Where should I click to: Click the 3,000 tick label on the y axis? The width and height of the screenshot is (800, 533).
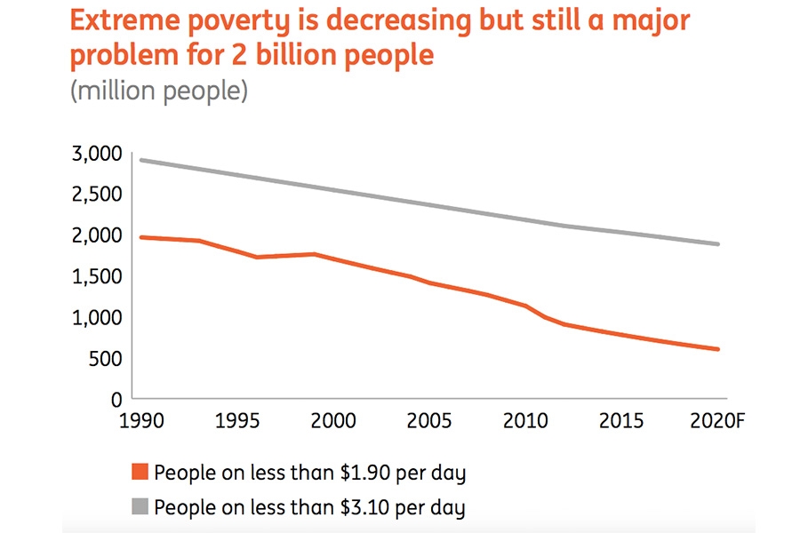[97, 154]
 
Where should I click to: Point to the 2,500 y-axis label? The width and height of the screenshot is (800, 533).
[97, 195]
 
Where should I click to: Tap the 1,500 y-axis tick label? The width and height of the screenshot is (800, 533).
[97, 276]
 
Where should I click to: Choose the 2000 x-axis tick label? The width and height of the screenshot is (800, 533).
[333, 419]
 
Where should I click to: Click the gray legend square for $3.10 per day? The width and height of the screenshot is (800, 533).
[139, 507]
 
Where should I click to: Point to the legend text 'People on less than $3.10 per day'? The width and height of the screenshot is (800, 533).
[309, 507]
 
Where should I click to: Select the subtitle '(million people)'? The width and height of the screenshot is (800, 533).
[159, 91]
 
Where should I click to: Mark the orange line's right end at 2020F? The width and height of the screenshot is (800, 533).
[718, 349]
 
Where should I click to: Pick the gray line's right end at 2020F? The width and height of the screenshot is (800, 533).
[718, 244]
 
